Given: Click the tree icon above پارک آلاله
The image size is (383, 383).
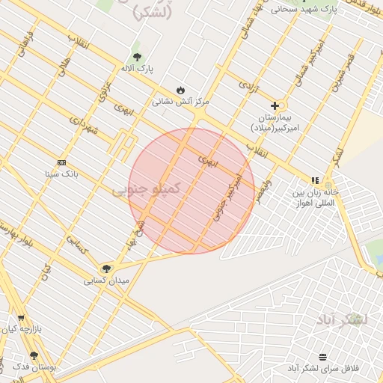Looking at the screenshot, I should click(x=137, y=57).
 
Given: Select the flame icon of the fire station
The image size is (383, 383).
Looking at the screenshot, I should click(x=180, y=90).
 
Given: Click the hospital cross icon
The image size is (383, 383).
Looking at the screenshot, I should click(x=275, y=106).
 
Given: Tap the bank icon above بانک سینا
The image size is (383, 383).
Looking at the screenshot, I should click(x=61, y=162).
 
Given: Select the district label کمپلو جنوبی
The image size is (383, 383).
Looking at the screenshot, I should click(x=147, y=191).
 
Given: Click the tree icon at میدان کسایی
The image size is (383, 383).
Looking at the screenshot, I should click(x=106, y=269).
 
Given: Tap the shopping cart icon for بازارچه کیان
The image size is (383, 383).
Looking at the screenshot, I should click(x=21, y=317).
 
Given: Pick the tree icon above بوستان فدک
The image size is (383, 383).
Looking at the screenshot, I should click(x=34, y=356).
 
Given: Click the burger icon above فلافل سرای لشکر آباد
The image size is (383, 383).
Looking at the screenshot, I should click(x=322, y=357).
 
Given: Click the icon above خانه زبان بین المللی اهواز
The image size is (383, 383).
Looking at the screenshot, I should click(x=316, y=180).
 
